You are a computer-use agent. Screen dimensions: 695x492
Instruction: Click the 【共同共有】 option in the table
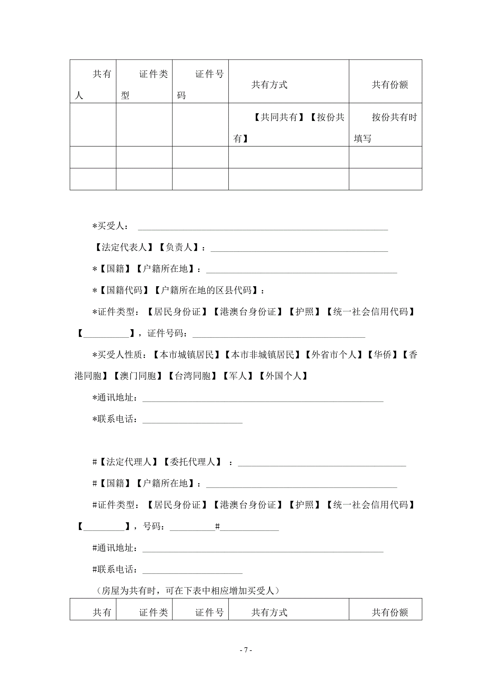click(x=278, y=117)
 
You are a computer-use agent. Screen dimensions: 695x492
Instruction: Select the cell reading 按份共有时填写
click(x=385, y=128)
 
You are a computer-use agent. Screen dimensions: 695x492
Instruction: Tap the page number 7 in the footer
click(x=246, y=650)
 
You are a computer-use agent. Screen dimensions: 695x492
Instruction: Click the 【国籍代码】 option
click(x=124, y=290)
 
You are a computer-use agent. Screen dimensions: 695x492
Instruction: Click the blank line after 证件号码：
click(x=279, y=334)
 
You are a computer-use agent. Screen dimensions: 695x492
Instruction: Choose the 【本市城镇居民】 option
click(x=186, y=355)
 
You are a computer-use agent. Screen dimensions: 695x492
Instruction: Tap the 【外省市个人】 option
click(x=334, y=355)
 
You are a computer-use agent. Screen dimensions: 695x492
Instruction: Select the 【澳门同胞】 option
click(x=138, y=376)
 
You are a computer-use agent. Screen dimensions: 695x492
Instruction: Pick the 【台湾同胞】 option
click(x=192, y=376)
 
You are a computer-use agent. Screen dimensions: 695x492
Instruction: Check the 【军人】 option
click(x=238, y=376)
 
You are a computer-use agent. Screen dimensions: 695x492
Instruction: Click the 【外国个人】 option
click(x=283, y=376)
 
